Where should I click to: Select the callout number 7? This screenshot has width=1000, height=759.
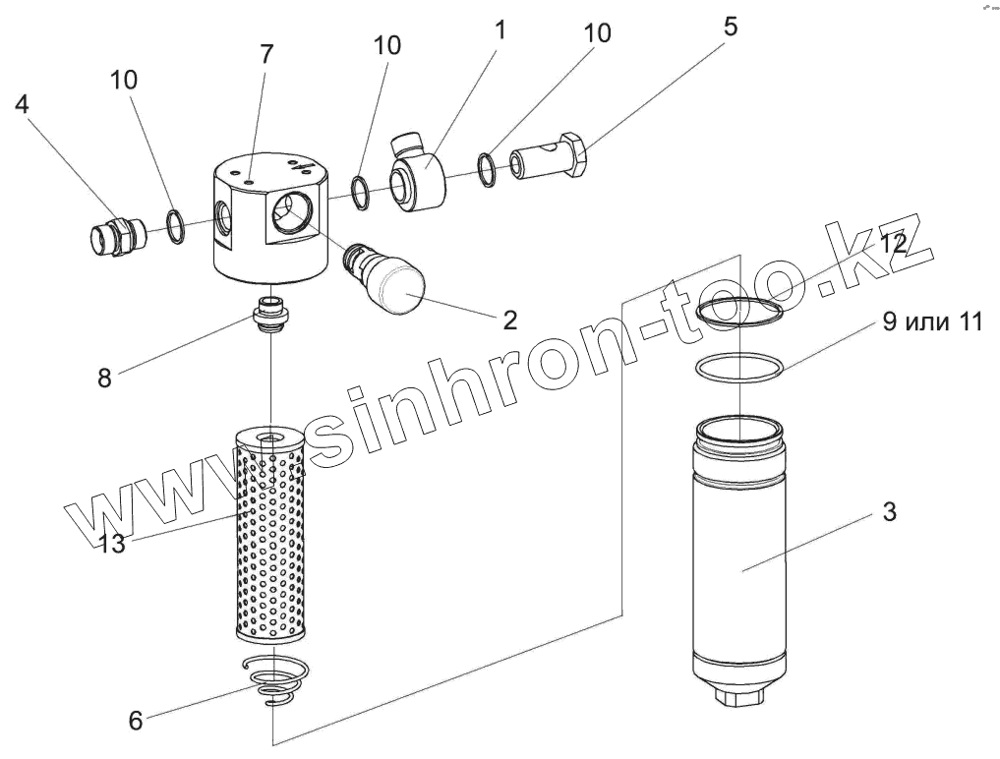[x=266, y=56]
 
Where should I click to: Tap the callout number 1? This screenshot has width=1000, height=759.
[x=500, y=29]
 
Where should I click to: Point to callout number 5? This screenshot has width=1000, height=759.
[x=730, y=27]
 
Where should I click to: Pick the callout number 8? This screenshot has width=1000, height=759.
[x=105, y=377]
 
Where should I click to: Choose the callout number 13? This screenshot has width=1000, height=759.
[x=112, y=542]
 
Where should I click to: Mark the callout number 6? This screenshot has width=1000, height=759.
[x=136, y=721]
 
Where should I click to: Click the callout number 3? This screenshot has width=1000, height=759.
[x=888, y=511]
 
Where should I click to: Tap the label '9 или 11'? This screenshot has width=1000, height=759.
[x=931, y=322]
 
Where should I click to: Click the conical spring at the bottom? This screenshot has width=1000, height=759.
[x=277, y=683]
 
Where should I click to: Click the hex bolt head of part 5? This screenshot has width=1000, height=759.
[x=574, y=154]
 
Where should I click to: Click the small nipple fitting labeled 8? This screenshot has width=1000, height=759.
[x=269, y=314]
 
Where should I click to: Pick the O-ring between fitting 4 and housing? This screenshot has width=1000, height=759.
[x=175, y=227]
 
